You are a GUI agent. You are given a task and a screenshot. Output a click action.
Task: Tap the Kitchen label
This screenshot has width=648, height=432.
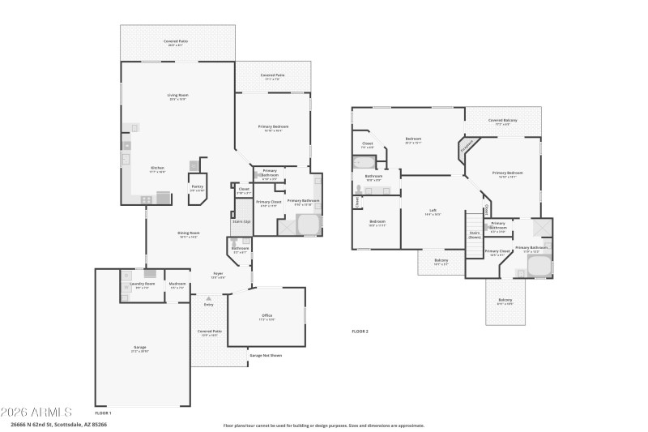click(x=156, y=169)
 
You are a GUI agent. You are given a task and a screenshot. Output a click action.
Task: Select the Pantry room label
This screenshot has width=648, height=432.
click(x=197, y=188)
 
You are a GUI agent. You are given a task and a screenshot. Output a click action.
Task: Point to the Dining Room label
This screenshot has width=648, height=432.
click(x=188, y=235)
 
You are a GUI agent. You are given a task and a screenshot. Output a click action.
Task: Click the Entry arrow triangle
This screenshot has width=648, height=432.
click(x=208, y=298)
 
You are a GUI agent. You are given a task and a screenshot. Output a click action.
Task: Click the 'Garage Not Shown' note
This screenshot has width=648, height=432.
click(x=266, y=355)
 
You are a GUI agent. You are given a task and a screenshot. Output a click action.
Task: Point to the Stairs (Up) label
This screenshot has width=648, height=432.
click(x=241, y=221)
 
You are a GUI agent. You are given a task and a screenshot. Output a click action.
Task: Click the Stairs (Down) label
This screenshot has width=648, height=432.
click(x=475, y=235)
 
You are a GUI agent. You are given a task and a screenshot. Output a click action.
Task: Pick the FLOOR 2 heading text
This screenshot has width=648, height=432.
click(x=360, y=331)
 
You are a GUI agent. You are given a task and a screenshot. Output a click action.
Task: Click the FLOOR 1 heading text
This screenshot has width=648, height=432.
click(x=103, y=413)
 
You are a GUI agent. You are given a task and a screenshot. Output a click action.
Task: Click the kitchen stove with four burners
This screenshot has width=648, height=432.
click(x=147, y=199)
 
